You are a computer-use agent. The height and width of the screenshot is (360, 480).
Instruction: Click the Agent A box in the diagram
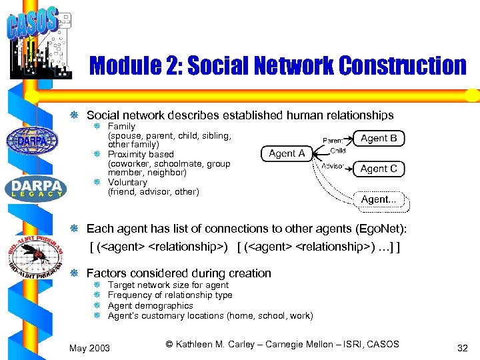tap(287, 153)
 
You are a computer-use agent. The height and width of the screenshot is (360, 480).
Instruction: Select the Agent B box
tap(379, 138)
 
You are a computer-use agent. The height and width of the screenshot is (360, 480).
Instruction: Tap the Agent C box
tap(379, 169)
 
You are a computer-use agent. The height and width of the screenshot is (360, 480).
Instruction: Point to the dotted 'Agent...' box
tap(379, 199)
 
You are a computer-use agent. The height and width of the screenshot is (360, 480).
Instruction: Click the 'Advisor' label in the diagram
tap(333, 166)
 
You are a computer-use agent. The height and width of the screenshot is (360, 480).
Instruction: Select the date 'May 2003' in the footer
tap(90, 348)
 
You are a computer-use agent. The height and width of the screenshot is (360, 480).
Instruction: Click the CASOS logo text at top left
tap(32, 25)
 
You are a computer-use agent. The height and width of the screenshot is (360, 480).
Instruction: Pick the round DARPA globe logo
tap(32, 141)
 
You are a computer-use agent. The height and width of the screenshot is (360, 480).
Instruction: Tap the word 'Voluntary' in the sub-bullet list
tap(127, 182)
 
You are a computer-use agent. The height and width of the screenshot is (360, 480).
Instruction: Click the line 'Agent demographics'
tap(150, 305)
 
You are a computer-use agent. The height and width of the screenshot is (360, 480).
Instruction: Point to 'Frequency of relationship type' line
tap(170, 295)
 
